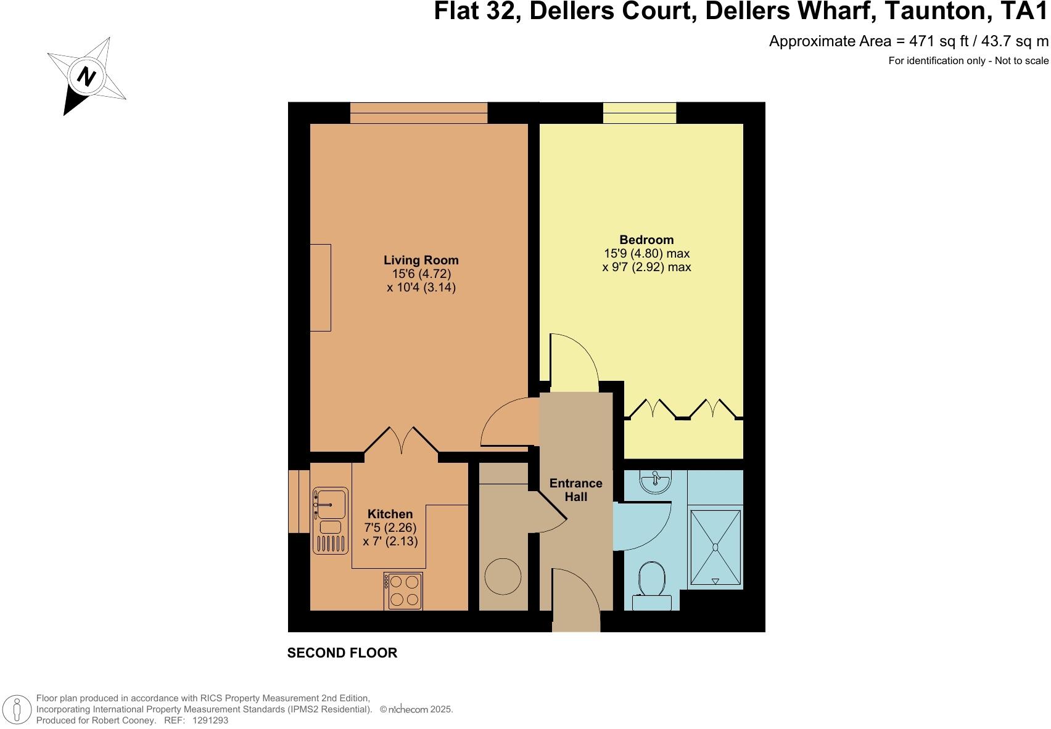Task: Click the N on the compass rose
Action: coord(86,77)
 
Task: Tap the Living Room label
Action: coord(421,260)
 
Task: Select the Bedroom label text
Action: coord(646,240)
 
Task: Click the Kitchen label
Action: coord(390,514)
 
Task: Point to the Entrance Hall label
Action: coord(575,490)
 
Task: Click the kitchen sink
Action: coord(331,503)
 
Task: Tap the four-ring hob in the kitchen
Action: coord(403,591)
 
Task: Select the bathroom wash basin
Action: coord(655,482)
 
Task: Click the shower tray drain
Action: coord(715,547)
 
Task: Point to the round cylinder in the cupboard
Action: coord(503,576)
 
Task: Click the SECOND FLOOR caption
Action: coord(342,653)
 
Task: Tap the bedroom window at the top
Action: coord(640,113)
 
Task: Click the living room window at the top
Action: coord(419,113)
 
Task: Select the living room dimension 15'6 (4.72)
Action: coord(422,274)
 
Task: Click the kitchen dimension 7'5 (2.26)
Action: coord(390,528)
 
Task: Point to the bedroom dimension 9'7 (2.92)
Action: coord(646,267)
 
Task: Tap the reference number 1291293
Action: coord(210,720)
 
